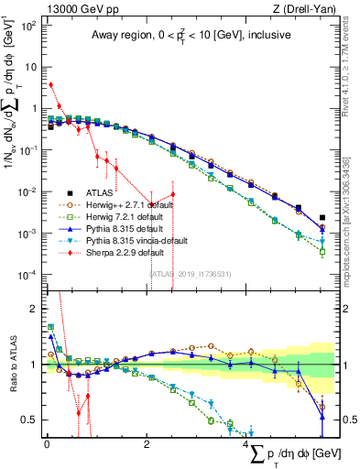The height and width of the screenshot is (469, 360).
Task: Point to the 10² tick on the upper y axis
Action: pos(29,25)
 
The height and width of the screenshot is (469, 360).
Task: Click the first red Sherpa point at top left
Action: pos(50,84)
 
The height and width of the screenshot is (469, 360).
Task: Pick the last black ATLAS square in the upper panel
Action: pos(322,218)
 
